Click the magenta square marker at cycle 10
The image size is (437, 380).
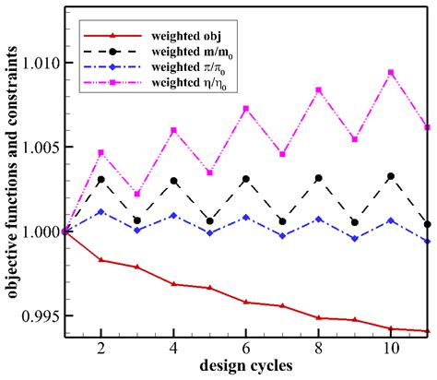392,72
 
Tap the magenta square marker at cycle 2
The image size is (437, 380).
100,152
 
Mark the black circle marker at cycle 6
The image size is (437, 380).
246,179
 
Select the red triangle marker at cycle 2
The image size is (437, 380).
100,260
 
